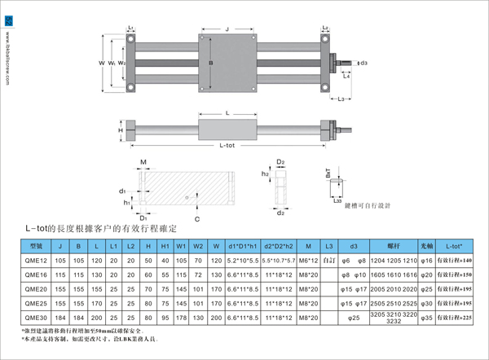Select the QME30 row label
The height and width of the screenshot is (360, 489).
tap(37, 318)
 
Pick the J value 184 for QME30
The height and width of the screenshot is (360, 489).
tap(59, 318)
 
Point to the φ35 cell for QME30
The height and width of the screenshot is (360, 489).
tap(426, 318)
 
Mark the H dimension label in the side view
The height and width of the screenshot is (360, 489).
tap(121, 130)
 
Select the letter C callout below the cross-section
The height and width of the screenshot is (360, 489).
tap(197, 219)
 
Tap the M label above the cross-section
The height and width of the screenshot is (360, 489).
tap(143, 161)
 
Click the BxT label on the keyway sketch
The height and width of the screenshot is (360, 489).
tap(328, 174)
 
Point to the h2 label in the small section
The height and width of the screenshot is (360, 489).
tap(266, 173)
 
